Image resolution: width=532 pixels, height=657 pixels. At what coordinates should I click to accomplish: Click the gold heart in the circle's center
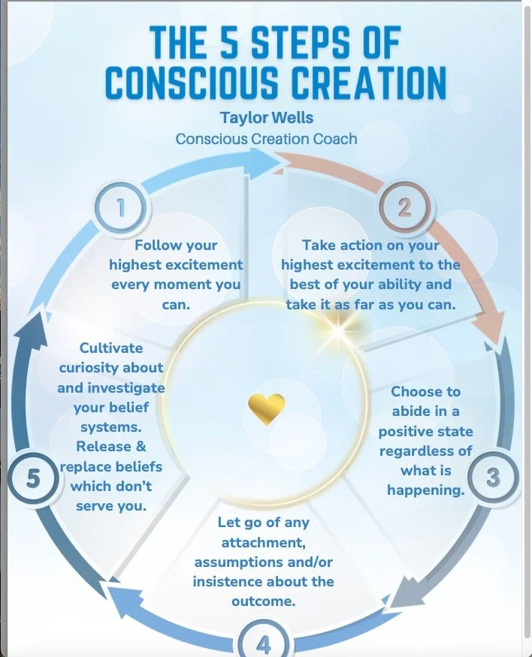pos(266,408)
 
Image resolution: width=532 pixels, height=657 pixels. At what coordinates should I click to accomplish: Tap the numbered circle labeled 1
pos(120,208)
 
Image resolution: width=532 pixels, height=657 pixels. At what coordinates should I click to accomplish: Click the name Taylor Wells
pos(266,118)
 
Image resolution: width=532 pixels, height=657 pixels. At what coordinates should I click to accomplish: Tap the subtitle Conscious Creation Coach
pos(266,139)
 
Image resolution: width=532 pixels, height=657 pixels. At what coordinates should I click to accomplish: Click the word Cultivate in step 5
pos(110,348)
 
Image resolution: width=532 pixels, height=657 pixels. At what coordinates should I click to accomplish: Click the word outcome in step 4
pos(262,601)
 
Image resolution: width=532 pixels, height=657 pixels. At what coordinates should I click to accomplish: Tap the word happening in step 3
pos(425,490)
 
